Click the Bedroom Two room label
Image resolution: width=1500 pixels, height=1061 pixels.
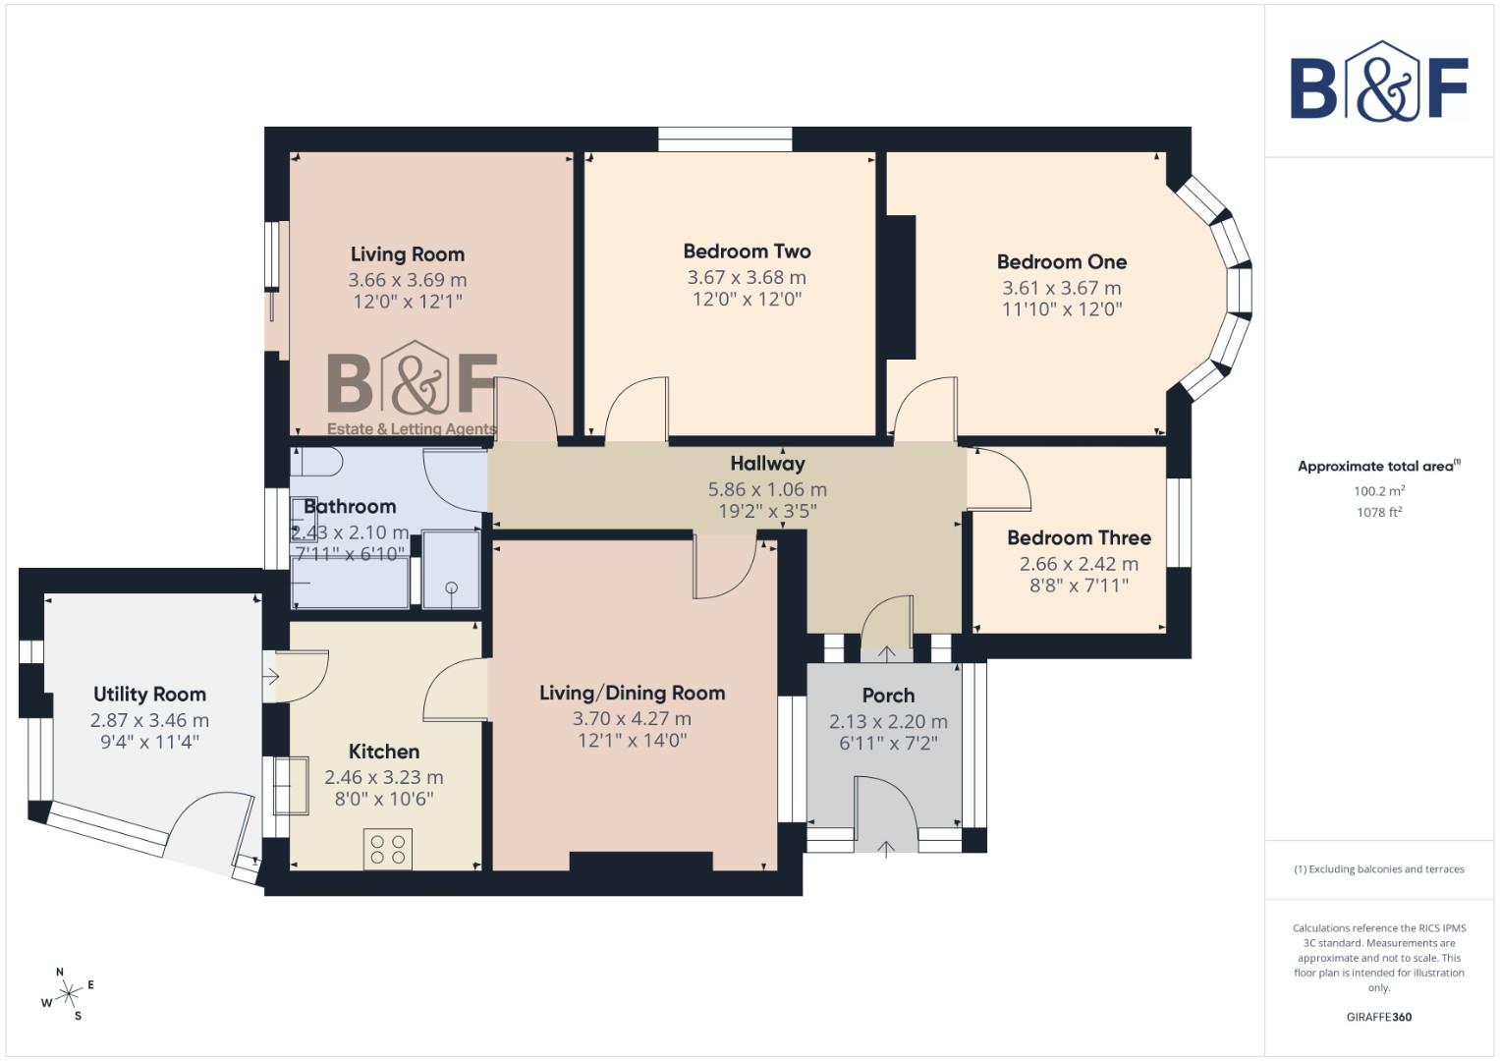point(747,251)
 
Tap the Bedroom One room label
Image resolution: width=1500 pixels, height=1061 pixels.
point(1061,262)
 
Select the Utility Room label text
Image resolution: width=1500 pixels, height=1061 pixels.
point(149,695)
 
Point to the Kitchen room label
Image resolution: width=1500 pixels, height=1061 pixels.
point(384,752)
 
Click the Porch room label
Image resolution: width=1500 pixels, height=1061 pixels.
point(888,696)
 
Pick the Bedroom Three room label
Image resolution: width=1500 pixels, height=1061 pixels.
point(1079,538)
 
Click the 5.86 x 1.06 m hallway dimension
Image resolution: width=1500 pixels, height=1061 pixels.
point(767,489)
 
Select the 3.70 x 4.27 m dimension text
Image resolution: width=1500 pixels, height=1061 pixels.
point(632,718)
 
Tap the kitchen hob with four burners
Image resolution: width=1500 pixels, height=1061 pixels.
point(387,849)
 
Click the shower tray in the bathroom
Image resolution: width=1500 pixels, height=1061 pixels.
point(451,569)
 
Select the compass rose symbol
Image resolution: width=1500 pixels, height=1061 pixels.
point(68,995)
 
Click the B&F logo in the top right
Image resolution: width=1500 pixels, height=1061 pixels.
point(1378,82)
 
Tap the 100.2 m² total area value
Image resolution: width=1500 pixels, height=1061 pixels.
point(1378,491)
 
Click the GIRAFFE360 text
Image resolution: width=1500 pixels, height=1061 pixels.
point(1378,1017)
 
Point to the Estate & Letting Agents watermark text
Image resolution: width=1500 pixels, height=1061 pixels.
point(412,429)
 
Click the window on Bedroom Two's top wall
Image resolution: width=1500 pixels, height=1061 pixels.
point(725,140)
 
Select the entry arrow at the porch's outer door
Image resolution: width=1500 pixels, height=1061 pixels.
point(886,848)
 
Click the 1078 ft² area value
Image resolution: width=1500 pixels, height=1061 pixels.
point(1378,512)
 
